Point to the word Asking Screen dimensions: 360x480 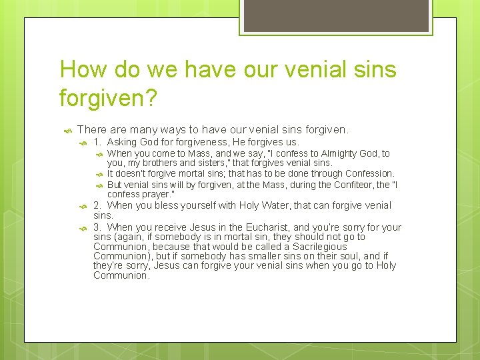pyautogui.click(x=122, y=142)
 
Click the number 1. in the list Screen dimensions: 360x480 pyautogui.click(x=97, y=142)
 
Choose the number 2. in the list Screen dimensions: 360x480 pyautogui.click(x=97, y=205)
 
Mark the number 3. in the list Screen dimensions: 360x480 pyautogui.click(x=97, y=227)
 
